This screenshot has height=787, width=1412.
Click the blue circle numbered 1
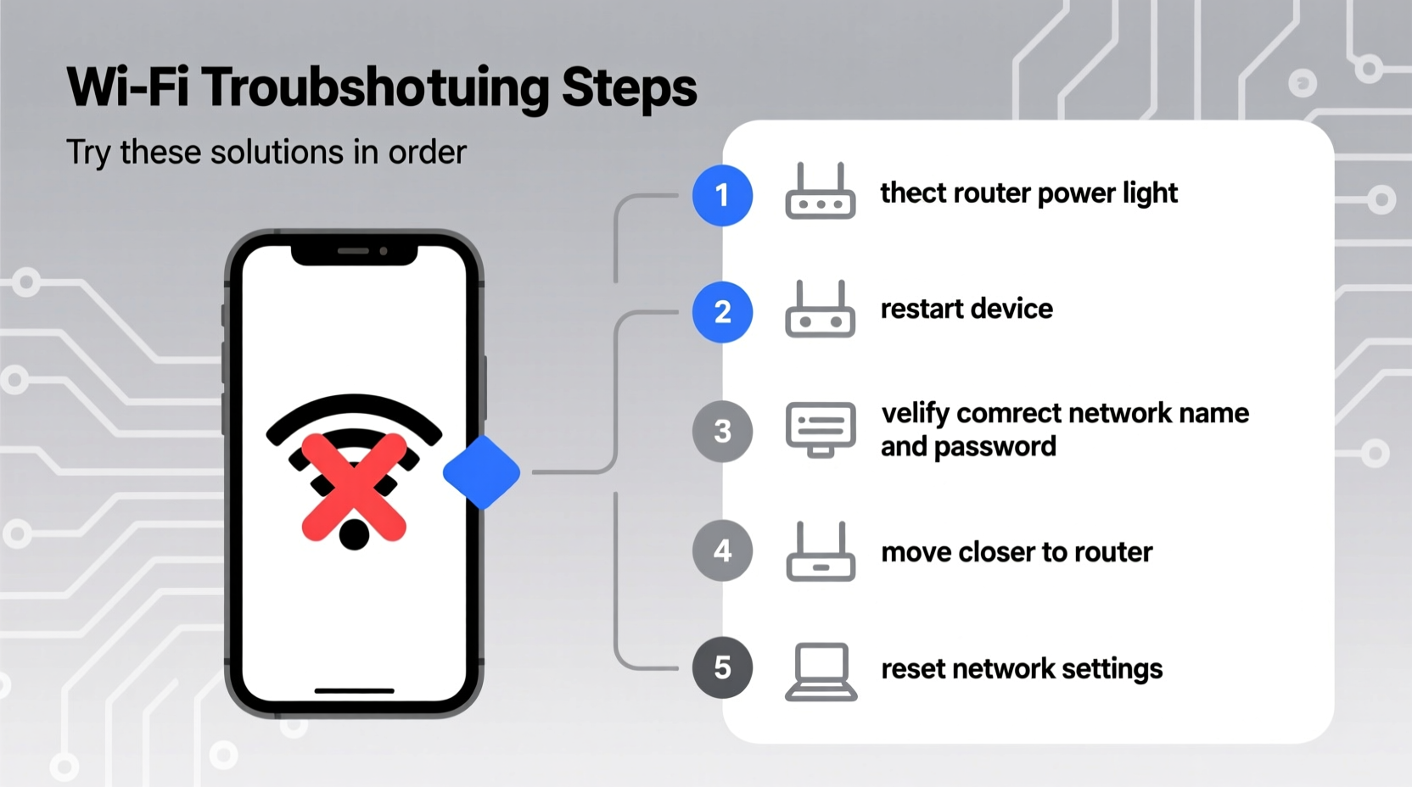point(722,196)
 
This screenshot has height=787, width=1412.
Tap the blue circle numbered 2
point(722,312)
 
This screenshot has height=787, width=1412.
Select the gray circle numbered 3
point(722,432)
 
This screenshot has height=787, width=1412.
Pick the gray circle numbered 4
point(722,551)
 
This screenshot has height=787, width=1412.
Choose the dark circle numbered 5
point(722,668)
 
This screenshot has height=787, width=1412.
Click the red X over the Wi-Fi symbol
point(354,487)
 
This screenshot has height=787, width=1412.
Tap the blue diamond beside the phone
point(481,472)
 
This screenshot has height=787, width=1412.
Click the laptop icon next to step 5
point(821,672)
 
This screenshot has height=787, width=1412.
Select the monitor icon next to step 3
point(821,429)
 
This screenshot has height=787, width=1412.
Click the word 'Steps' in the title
point(629,88)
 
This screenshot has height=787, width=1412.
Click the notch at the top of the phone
point(354,253)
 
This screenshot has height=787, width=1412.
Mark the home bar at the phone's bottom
point(354,691)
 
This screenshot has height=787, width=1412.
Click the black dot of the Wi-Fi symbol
point(354,534)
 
